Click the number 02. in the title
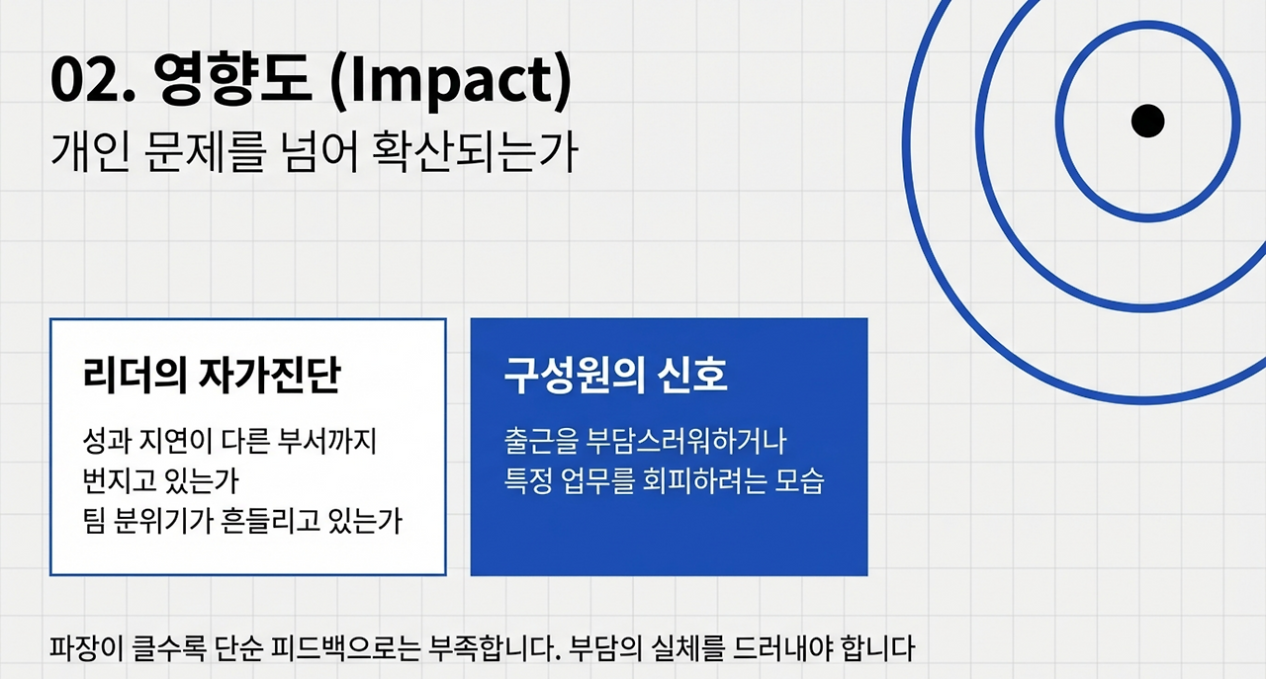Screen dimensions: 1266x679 [93, 78]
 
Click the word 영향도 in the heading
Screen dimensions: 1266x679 [232, 78]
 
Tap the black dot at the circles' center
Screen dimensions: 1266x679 [1148, 121]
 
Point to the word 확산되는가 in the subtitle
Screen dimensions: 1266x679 [475, 152]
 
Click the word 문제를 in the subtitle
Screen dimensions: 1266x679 [205, 152]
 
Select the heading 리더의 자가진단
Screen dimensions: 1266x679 [212, 375]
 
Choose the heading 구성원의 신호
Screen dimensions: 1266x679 [615, 375]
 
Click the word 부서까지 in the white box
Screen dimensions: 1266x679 [327, 441]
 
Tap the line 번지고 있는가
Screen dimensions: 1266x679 [161, 481]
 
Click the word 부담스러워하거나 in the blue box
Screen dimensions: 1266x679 [686, 441]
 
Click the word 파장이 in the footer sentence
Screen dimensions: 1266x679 [86, 648]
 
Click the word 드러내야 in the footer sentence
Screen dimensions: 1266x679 [782, 648]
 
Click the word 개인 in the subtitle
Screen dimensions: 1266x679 [91, 152]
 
